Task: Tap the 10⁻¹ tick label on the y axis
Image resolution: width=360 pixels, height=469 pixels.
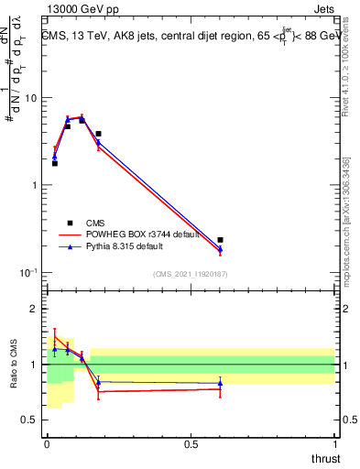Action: [28, 272]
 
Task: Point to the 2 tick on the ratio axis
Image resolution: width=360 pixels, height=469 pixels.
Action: [35, 310]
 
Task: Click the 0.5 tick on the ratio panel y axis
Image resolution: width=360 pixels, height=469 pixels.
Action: [31, 420]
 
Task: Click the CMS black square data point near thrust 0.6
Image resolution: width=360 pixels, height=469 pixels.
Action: [220, 240]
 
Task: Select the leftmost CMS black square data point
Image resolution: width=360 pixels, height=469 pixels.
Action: [54, 163]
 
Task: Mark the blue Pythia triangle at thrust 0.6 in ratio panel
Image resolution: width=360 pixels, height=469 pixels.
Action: [220, 383]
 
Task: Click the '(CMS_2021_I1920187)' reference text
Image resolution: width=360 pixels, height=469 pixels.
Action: [191, 274]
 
